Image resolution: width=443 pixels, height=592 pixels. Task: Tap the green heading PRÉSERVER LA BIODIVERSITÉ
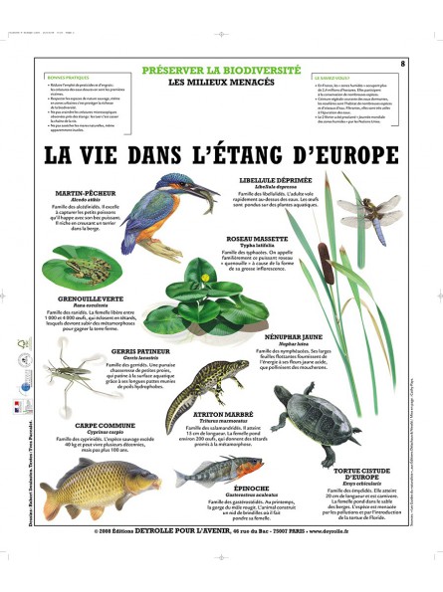pyautogui.click(x=220, y=71)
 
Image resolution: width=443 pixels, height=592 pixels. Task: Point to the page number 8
pyautogui.click(x=402, y=66)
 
